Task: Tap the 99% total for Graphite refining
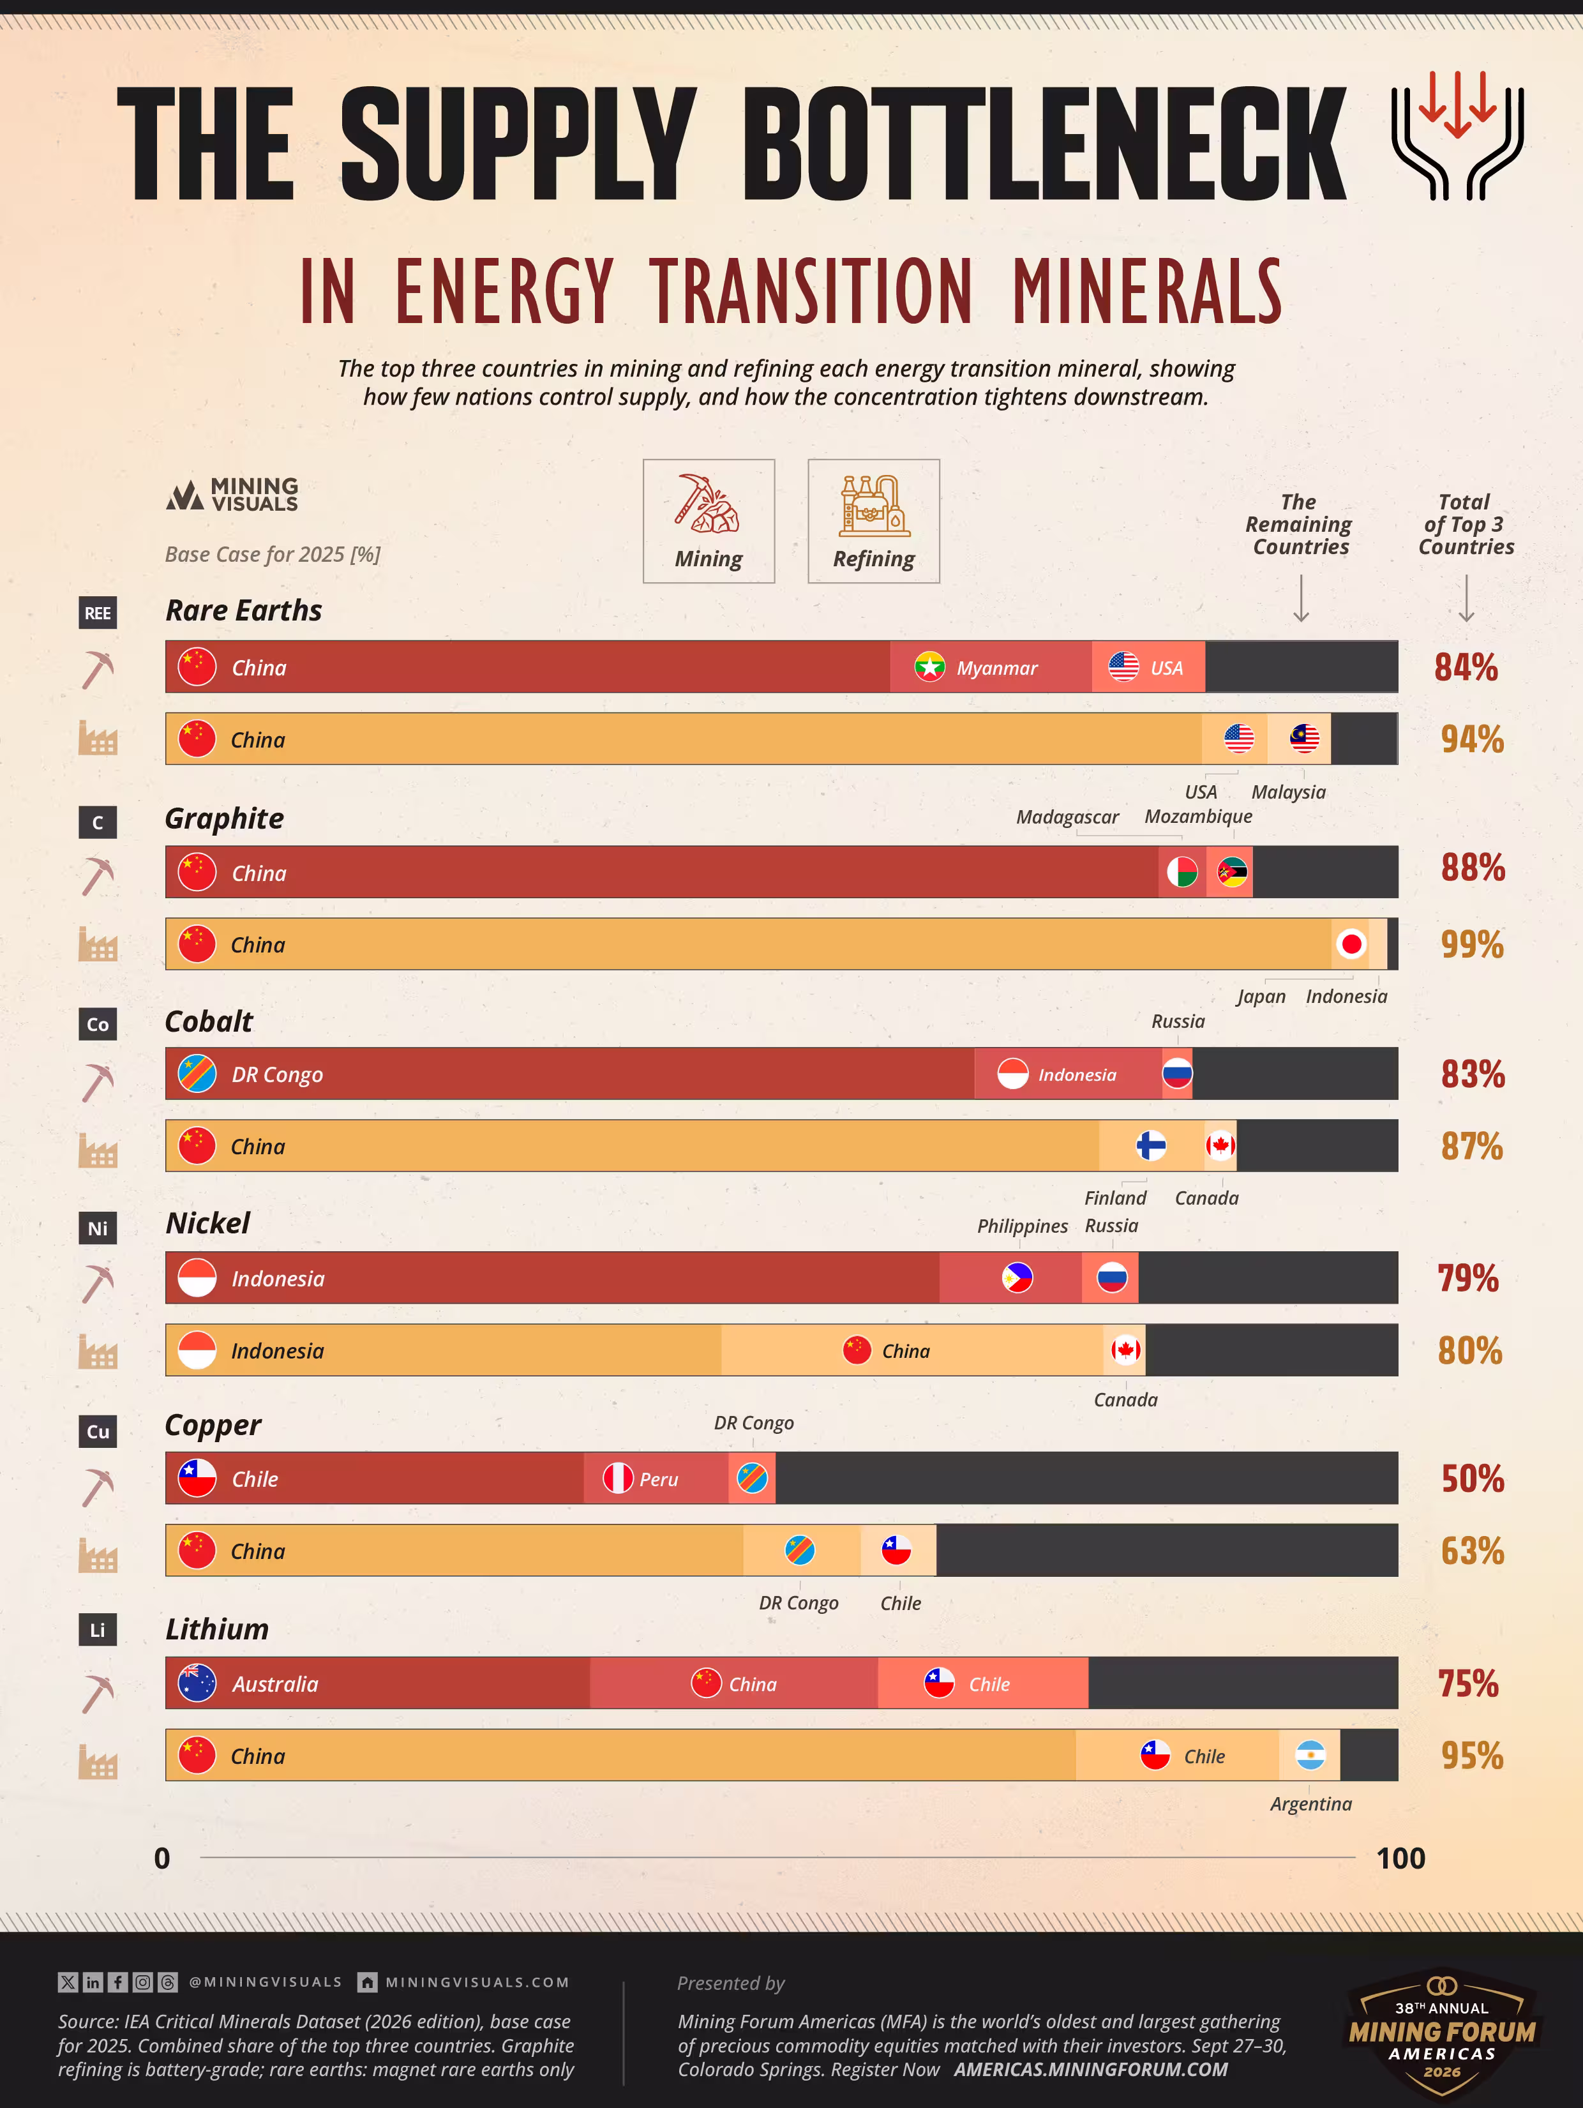tap(1473, 944)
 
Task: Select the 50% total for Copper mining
tap(1473, 1479)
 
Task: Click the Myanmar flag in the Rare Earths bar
tap(929, 667)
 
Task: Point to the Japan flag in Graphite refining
tap(1351, 944)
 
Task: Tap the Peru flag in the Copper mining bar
tap(618, 1479)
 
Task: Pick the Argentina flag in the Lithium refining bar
tap(1310, 1756)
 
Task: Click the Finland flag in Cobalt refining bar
tap(1152, 1145)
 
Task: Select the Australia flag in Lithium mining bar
tap(197, 1684)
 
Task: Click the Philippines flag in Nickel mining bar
tap(1017, 1277)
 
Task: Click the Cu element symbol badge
tap(97, 1431)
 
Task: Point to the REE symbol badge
tap(97, 613)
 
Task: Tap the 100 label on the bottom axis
tap(1400, 1858)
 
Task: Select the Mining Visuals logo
tap(232, 495)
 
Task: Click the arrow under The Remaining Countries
tap(1301, 598)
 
